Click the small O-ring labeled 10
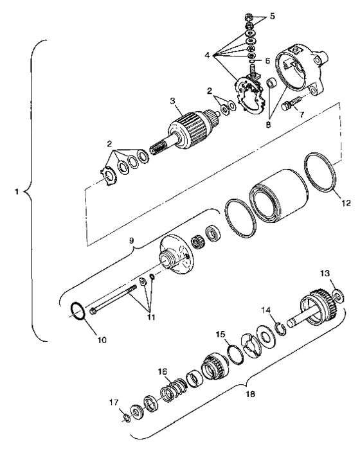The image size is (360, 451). tap(77, 312)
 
